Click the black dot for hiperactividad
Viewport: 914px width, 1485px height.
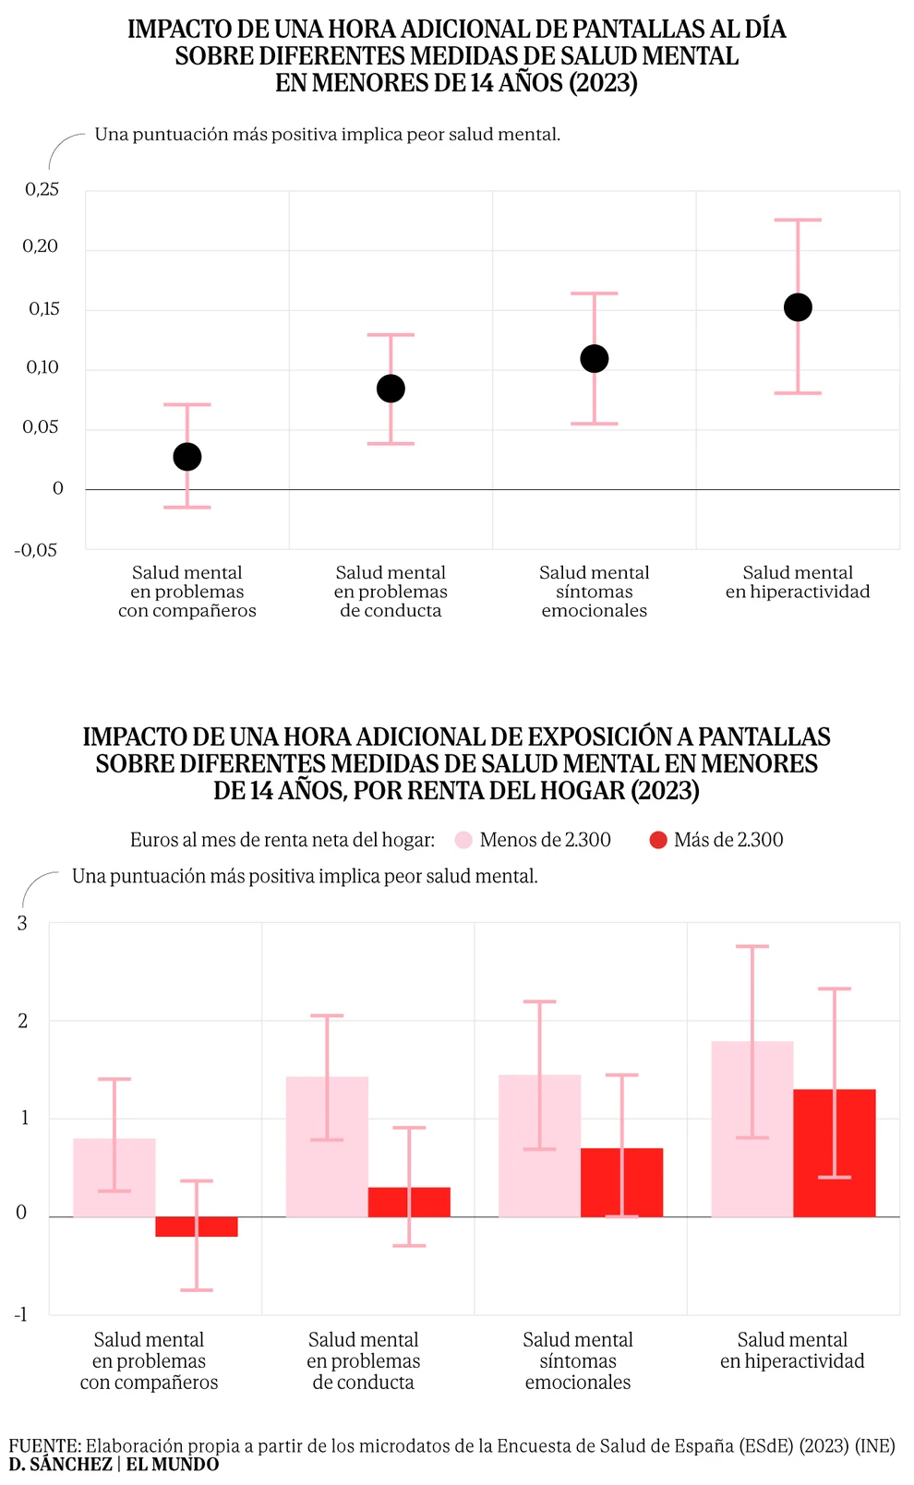click(798, 307)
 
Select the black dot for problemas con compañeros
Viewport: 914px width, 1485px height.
click(187, 457)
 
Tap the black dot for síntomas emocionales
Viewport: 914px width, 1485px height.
click(595, 359)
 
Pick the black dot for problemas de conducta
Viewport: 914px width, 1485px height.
click(391, 389)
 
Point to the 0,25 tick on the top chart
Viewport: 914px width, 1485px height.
click(42, 189)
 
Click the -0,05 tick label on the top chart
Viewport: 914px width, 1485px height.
click(36, 550)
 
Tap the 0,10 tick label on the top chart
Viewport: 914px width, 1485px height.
click(42, 367)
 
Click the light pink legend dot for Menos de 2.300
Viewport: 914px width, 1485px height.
click(463, 840)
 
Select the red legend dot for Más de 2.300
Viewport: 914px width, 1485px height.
click(658, 840)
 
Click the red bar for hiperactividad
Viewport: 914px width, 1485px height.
click(835, 1153)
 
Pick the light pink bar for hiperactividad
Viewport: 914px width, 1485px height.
click(752, 1129)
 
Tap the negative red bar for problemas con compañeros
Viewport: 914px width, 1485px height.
click(197, 1227)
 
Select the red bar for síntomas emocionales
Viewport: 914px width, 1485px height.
click(622, 1182)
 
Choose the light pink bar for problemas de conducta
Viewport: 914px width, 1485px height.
click(327, 1146)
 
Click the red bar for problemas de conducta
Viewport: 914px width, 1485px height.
click(409, 1202)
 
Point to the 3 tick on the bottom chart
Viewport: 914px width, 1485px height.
click(23, 924)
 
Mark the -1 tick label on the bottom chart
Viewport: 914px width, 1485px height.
click(21, 1314)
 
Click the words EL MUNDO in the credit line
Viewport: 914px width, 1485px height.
click(173, 1465)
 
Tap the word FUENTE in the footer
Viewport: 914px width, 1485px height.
click(44, 1446)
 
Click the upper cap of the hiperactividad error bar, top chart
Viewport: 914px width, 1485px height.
click(798, 220)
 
